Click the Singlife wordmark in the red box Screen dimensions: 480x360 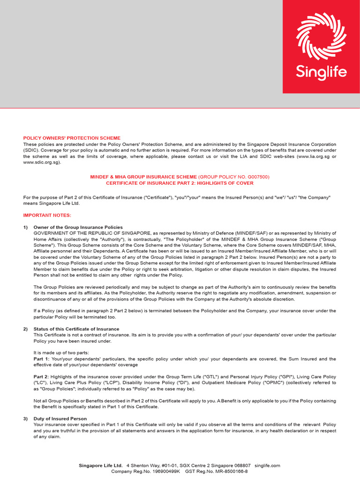pyautogui.click(x=321, y=72)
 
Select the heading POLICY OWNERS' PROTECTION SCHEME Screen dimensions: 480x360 pyautogui.click(x=72, y=138)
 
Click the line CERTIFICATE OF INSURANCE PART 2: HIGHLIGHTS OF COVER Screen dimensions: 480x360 pyautogui.click(x=180, y=183)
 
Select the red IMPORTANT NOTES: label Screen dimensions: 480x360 pyautogui.click(x=47, y=215)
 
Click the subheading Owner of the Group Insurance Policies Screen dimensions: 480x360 pyautogui.click(x=78, y=227)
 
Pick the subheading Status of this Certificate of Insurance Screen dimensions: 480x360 pyautogui.click(x=76, y=329)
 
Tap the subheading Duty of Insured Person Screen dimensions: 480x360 pyautogui.click(x=60, y=418)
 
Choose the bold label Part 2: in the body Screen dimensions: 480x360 pyautogui.click(x=41, y=376)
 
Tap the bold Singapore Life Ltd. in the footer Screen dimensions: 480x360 pyautogui.click(x=101, y=465)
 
